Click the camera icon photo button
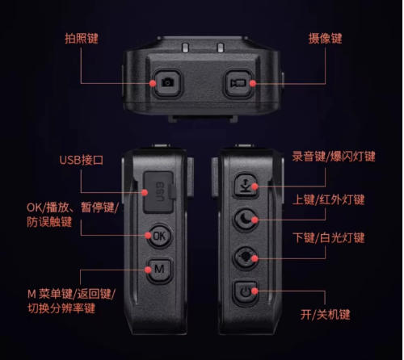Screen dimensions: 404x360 tap(167, 82)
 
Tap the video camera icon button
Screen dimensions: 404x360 tap(238, 83)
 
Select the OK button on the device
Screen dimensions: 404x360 tap(159, 236)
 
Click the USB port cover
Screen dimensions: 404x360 tap(158, 192)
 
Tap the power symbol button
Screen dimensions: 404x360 tap(246, 291)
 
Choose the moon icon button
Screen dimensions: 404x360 tap(246, 220)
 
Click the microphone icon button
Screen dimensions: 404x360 tap(246, 186)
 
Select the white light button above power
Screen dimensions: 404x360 tap(246, 257)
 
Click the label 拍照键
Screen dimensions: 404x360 tap(82, 39)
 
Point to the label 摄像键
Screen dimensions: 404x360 tap(325, 39)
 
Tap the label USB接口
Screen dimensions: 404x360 tap(81, 160)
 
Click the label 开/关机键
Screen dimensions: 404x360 tap(325, 314)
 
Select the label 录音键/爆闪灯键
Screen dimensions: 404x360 tap(334, 157)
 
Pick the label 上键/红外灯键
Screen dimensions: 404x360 tap(329, 199)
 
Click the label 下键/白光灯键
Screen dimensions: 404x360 tap(329, 238)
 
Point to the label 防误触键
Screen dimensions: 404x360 tap(49, 222)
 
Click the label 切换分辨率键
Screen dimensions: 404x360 tap(61, 308)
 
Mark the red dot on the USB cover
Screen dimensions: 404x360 tap(145, 192)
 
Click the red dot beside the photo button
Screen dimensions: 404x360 tap(153, 83)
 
